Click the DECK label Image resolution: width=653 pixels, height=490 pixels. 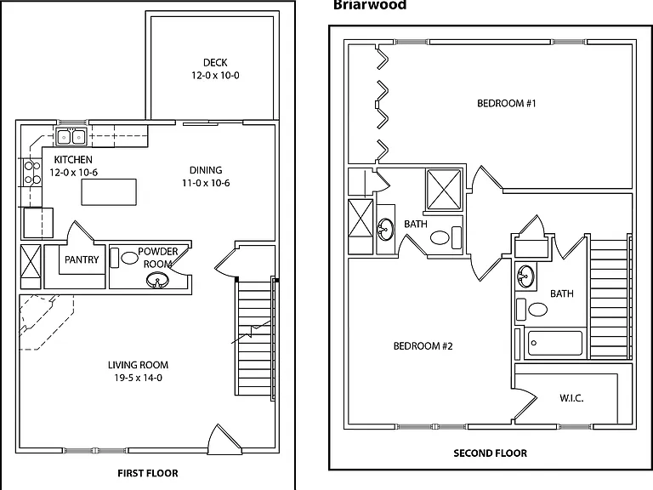(x=215, y=62)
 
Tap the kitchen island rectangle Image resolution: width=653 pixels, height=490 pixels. (x=109, y=191)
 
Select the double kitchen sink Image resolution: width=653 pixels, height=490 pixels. (x=71, y=137)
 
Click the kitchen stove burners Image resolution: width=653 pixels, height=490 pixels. (x=32, y=173)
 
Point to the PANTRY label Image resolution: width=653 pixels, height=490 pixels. (x=82, y=259)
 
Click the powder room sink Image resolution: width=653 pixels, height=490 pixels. (x=157, y=280)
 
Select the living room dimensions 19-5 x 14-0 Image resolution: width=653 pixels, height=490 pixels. (x=139, y=378)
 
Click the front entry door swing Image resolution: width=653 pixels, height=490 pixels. (x=224, y=439)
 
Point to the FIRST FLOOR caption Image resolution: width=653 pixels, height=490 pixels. (x=148, y=473)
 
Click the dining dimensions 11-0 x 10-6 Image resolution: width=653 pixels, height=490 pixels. (x=206, y=183)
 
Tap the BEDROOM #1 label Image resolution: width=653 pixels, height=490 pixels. (x=507, y=103)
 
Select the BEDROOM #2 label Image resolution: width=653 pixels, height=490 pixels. (x=423, y=346)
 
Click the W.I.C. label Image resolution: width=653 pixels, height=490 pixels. (x=571, y=398)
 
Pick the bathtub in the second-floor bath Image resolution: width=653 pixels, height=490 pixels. (x=553, y=343)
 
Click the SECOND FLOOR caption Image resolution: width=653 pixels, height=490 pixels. (x=490, y=453)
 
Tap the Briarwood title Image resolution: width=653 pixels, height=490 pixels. (x=370, y=5)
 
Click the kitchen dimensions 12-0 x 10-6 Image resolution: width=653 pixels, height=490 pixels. (x=74, y=173)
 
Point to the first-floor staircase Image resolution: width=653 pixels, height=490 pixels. (x=255, y=339)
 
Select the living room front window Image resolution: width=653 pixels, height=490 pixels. (x=96, y=450)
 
